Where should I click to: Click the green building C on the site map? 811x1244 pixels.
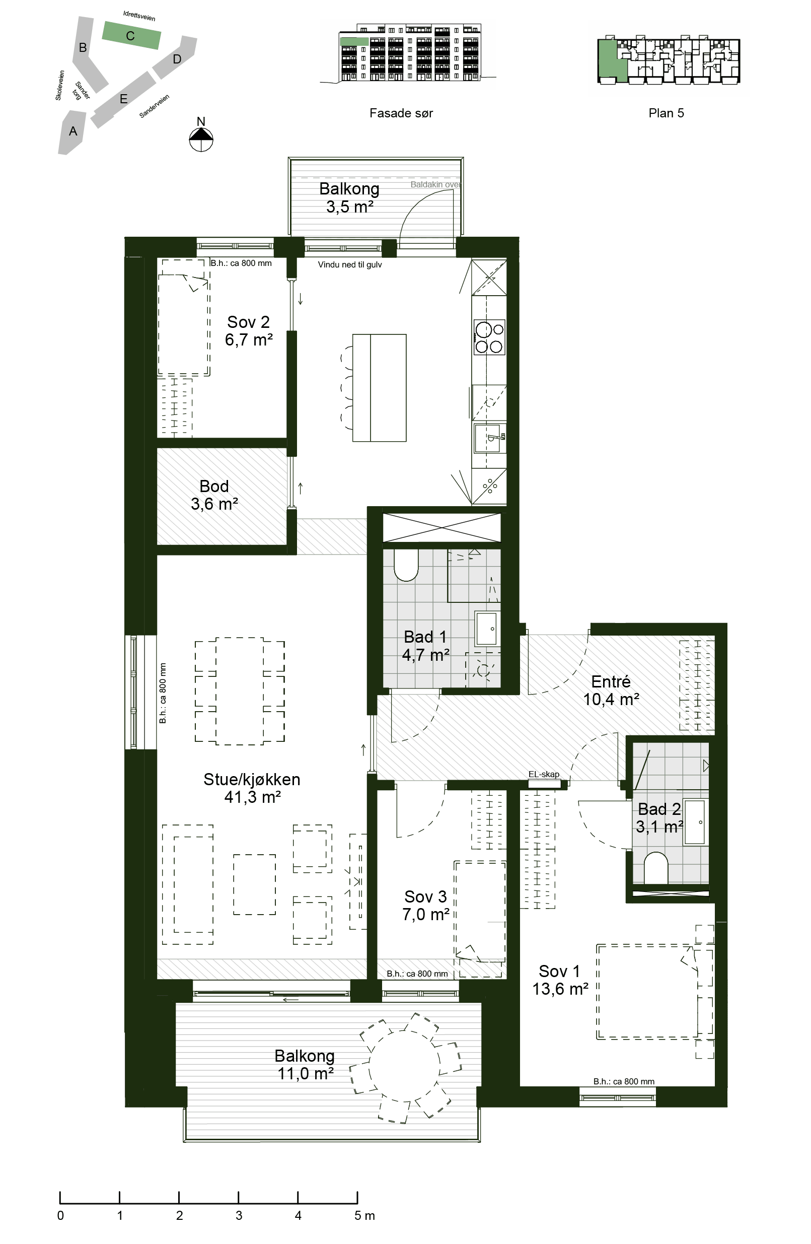point(131,36)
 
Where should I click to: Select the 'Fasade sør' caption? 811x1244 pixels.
point(401,113)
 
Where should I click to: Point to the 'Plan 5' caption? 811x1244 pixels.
point(666,113)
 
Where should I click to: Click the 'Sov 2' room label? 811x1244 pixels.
point(248,322)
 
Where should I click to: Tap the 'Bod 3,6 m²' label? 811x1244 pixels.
point(214,495)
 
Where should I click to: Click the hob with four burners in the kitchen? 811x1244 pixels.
point(490,337)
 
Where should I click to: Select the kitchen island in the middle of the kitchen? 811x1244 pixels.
point(380,388)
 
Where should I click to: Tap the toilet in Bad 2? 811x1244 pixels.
point(656,868)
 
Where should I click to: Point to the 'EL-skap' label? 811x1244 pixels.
point(544,774)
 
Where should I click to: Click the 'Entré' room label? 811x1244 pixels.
point(610,681)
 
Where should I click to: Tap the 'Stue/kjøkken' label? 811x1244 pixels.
point(251,779)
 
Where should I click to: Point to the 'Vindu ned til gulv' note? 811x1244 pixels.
point(349,264)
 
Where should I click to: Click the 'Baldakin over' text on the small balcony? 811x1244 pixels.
point(435,184)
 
